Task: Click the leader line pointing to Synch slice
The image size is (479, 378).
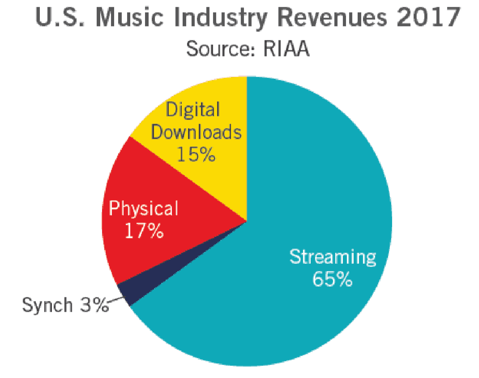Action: (115, 301)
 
